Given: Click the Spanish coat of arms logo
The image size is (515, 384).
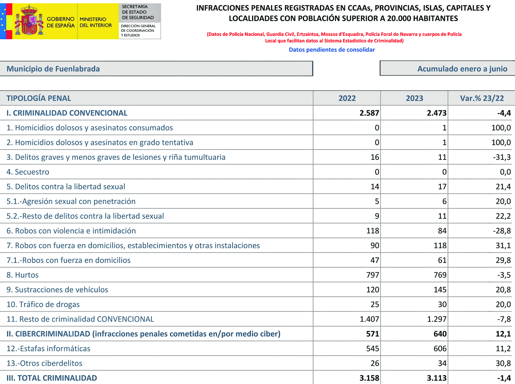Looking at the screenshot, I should point(29,21).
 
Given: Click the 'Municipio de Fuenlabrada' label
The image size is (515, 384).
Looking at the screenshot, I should point(53,69).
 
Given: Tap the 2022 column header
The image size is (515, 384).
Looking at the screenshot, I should point(347,98).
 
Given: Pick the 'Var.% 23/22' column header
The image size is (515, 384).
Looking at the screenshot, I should point(481,98).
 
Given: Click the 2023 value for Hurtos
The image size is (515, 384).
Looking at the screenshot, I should point(440,275).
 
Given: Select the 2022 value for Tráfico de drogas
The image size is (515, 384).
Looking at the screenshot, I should point(375,304).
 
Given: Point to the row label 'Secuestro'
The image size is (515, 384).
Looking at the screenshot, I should point(32,172).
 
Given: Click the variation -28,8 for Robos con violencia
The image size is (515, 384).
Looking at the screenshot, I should point(502,231).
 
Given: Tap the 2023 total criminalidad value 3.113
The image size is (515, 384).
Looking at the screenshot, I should point(436,378).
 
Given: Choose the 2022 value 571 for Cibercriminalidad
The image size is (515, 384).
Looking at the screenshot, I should point(372,334).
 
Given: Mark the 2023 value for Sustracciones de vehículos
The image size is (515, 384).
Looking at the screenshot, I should point(440,290).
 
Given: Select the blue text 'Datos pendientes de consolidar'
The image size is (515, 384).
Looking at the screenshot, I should point(332,50).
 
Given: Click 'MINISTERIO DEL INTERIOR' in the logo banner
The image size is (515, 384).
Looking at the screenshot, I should point(96,22).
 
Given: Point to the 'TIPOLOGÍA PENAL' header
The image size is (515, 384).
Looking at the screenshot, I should point(39,98).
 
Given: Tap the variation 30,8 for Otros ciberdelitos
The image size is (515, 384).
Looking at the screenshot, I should point(503,363).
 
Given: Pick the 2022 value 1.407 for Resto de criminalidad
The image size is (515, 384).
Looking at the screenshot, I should point(369,319).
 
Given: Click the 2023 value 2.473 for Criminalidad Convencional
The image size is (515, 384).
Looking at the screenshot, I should point(436,113).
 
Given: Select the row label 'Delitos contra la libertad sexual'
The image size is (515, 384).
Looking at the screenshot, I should point(70,187).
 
